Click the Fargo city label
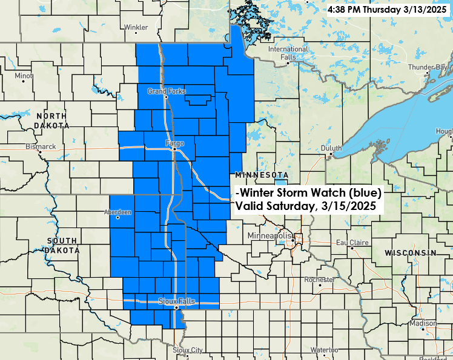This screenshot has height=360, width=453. (x=174, y=143)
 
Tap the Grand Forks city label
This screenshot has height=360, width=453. (x=165, y=91)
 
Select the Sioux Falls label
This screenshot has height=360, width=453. (x=174, y=301)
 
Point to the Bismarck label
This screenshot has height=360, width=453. (x=41, y=146)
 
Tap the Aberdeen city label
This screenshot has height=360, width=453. (x=118, y=212)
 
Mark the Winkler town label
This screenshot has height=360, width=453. (x=136, y=27)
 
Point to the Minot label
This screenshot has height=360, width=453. (x=24, y=76)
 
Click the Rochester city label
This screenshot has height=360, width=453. (x=319, y=280)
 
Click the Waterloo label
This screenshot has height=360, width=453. (x=324, y=350)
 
